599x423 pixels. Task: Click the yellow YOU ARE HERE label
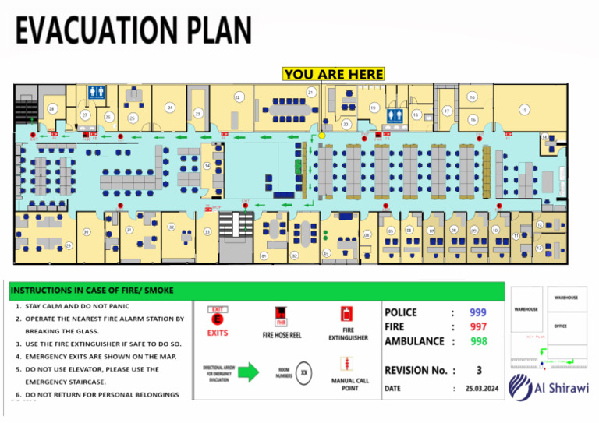click(x=334, y=74)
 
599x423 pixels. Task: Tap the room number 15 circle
click(x=524, y=111)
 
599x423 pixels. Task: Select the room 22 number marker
click(x=238, y=97)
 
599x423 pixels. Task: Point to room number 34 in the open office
click(x=207, y=166)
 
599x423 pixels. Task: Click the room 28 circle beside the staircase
click(x=52, y=108)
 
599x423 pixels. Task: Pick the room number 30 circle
click(x=87, y=231)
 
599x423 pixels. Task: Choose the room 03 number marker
click(x=326, y=252)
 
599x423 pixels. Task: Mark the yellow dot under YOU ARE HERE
click(x=321, y=135)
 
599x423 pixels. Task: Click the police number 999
click(x=478, y=312)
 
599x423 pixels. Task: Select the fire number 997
click(x=478, y=326)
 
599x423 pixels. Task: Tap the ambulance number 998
click(x=478, y=341)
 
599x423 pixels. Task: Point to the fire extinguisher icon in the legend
click(x=346, y=314)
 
